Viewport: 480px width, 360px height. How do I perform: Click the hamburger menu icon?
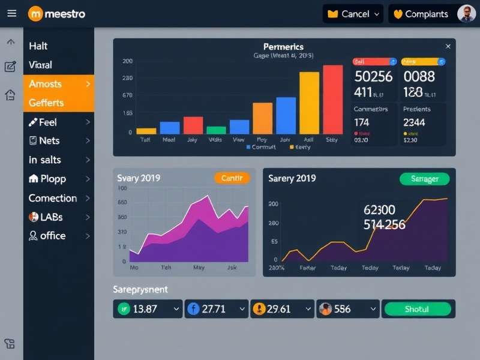[x=11, y=13]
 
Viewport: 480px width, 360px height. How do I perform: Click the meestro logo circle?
[x=35, y=13]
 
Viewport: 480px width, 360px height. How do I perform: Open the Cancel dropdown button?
[x=353, y=14]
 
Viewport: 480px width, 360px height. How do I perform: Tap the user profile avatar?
[x=466, y=13]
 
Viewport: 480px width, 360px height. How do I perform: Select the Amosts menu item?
[x=58, y=83]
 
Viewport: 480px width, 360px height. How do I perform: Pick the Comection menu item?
[x=58, y=198]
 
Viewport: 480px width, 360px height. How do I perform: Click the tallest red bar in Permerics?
[x=332, y=100]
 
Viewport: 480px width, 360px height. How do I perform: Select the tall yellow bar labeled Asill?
[x=309, y=103]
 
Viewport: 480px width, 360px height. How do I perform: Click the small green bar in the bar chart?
[x=216, y=130]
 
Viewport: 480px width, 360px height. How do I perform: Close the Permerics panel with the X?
[x=448, y=46]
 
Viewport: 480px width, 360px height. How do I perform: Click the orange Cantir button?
[x=232, y=178]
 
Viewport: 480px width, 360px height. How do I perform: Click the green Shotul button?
[x=417, y=309]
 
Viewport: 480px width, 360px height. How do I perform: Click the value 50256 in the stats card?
[x=373, y=76]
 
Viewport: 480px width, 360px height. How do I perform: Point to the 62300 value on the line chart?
[x=379, y=210]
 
